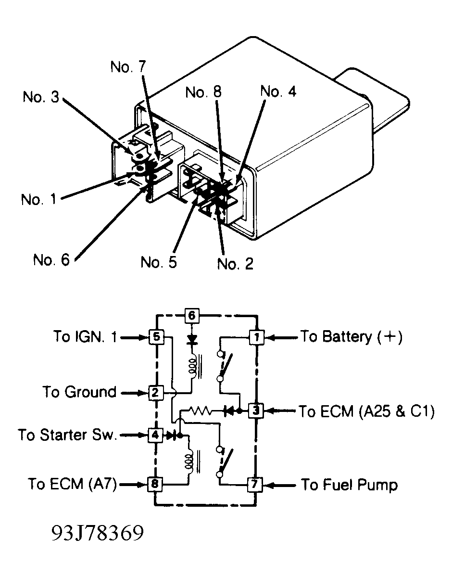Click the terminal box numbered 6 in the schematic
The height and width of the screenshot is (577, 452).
[191, 315]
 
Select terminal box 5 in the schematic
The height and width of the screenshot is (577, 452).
[156, 337]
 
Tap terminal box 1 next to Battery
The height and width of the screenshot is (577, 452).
[256, 337]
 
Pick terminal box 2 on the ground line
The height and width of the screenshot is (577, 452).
[155, 393]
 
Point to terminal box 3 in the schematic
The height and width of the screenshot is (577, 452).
[256, 410]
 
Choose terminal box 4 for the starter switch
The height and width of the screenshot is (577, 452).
[155, 435]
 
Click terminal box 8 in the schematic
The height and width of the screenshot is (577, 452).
[154, 484]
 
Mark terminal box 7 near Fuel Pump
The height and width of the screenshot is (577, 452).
[254, 484]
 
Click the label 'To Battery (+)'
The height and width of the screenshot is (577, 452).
[352, 337]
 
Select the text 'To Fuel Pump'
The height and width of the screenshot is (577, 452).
[350, 485]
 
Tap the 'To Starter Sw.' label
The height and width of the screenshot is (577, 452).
[68, 435]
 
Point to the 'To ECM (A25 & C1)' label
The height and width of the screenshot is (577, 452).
[366, 411]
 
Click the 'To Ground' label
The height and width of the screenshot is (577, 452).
[79, 392]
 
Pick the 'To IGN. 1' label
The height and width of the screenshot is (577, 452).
[85, 336]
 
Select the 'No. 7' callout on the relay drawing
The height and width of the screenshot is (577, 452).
[128, 66]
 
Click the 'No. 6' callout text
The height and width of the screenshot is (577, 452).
[51, 260]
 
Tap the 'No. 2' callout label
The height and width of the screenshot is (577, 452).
[236, 264]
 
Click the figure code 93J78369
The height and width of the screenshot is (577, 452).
[97, 533]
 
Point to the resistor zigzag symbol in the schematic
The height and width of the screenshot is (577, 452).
[200, 410]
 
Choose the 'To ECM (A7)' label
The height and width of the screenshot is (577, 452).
[73, 484]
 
